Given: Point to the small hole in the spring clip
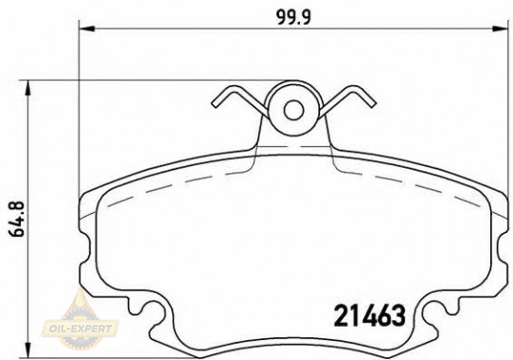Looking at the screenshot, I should tap(293, 109).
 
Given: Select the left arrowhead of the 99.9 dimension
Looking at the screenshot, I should tap(82, 30).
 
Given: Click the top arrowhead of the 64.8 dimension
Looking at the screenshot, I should tap(33, 84).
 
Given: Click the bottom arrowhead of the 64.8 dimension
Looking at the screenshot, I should tap(33, 351).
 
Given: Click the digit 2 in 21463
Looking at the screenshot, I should tap(342, 314).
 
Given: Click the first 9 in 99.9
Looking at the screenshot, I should tap(283, 14).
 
